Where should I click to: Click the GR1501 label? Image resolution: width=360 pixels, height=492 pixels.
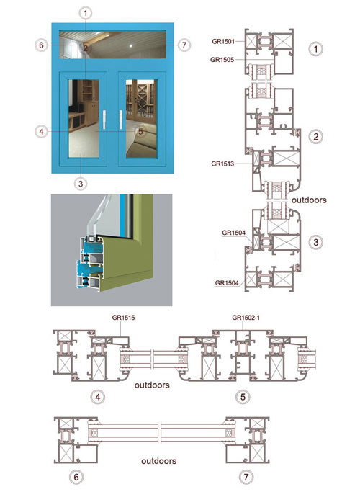pyautogui.click(x=223, y=41)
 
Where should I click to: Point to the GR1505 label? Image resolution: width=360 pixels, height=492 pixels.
pyautogui.click(x=222, y=60)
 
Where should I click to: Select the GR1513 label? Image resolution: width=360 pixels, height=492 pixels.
pyautogui.click(x=222, y=164)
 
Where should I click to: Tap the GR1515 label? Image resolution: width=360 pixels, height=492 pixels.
pyautogui.click(x=123, y=318)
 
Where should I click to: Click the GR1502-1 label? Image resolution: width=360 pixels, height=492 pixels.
pyautogui.click(x=246, y=318)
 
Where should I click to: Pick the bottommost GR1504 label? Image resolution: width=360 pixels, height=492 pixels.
pyautogui.click(x=227, y=283)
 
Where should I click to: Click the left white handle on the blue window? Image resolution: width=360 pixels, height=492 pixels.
pyautogui.click(x=104, y=120)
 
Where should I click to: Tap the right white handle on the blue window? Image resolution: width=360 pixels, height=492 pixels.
pyautogui.click(x=121, y=120)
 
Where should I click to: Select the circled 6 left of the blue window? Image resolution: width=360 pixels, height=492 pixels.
pyautogui.click(x=41, y=45)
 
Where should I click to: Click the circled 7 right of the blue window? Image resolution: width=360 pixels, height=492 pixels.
pyautogui.click(x=184, y=45)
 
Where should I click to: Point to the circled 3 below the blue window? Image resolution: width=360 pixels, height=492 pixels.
pyautogui.click(x=81, y=184)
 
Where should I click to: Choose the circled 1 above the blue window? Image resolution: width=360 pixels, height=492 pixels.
pyautogui.click(x=85, y=13)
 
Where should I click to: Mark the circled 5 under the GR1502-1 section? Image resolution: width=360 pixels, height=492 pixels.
pyautogui.click(x=243, y=397)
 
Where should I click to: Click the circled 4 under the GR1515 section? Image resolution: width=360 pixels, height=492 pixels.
pyautogui.click(x=98, y=397)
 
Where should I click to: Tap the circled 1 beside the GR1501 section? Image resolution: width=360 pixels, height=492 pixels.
pyautogui.click(x=316, y=49)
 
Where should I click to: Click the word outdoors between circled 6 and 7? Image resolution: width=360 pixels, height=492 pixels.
pyautogui.click(x=158, y=461)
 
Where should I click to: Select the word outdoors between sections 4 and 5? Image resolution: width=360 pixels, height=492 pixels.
pyautogui.click(x=152, y=385)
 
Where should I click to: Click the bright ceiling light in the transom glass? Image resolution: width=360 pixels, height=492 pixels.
pyautogui.click(x=131, y=46)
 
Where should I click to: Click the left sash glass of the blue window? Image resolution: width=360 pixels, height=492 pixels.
pyautogui.click(x=84, y=119)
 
